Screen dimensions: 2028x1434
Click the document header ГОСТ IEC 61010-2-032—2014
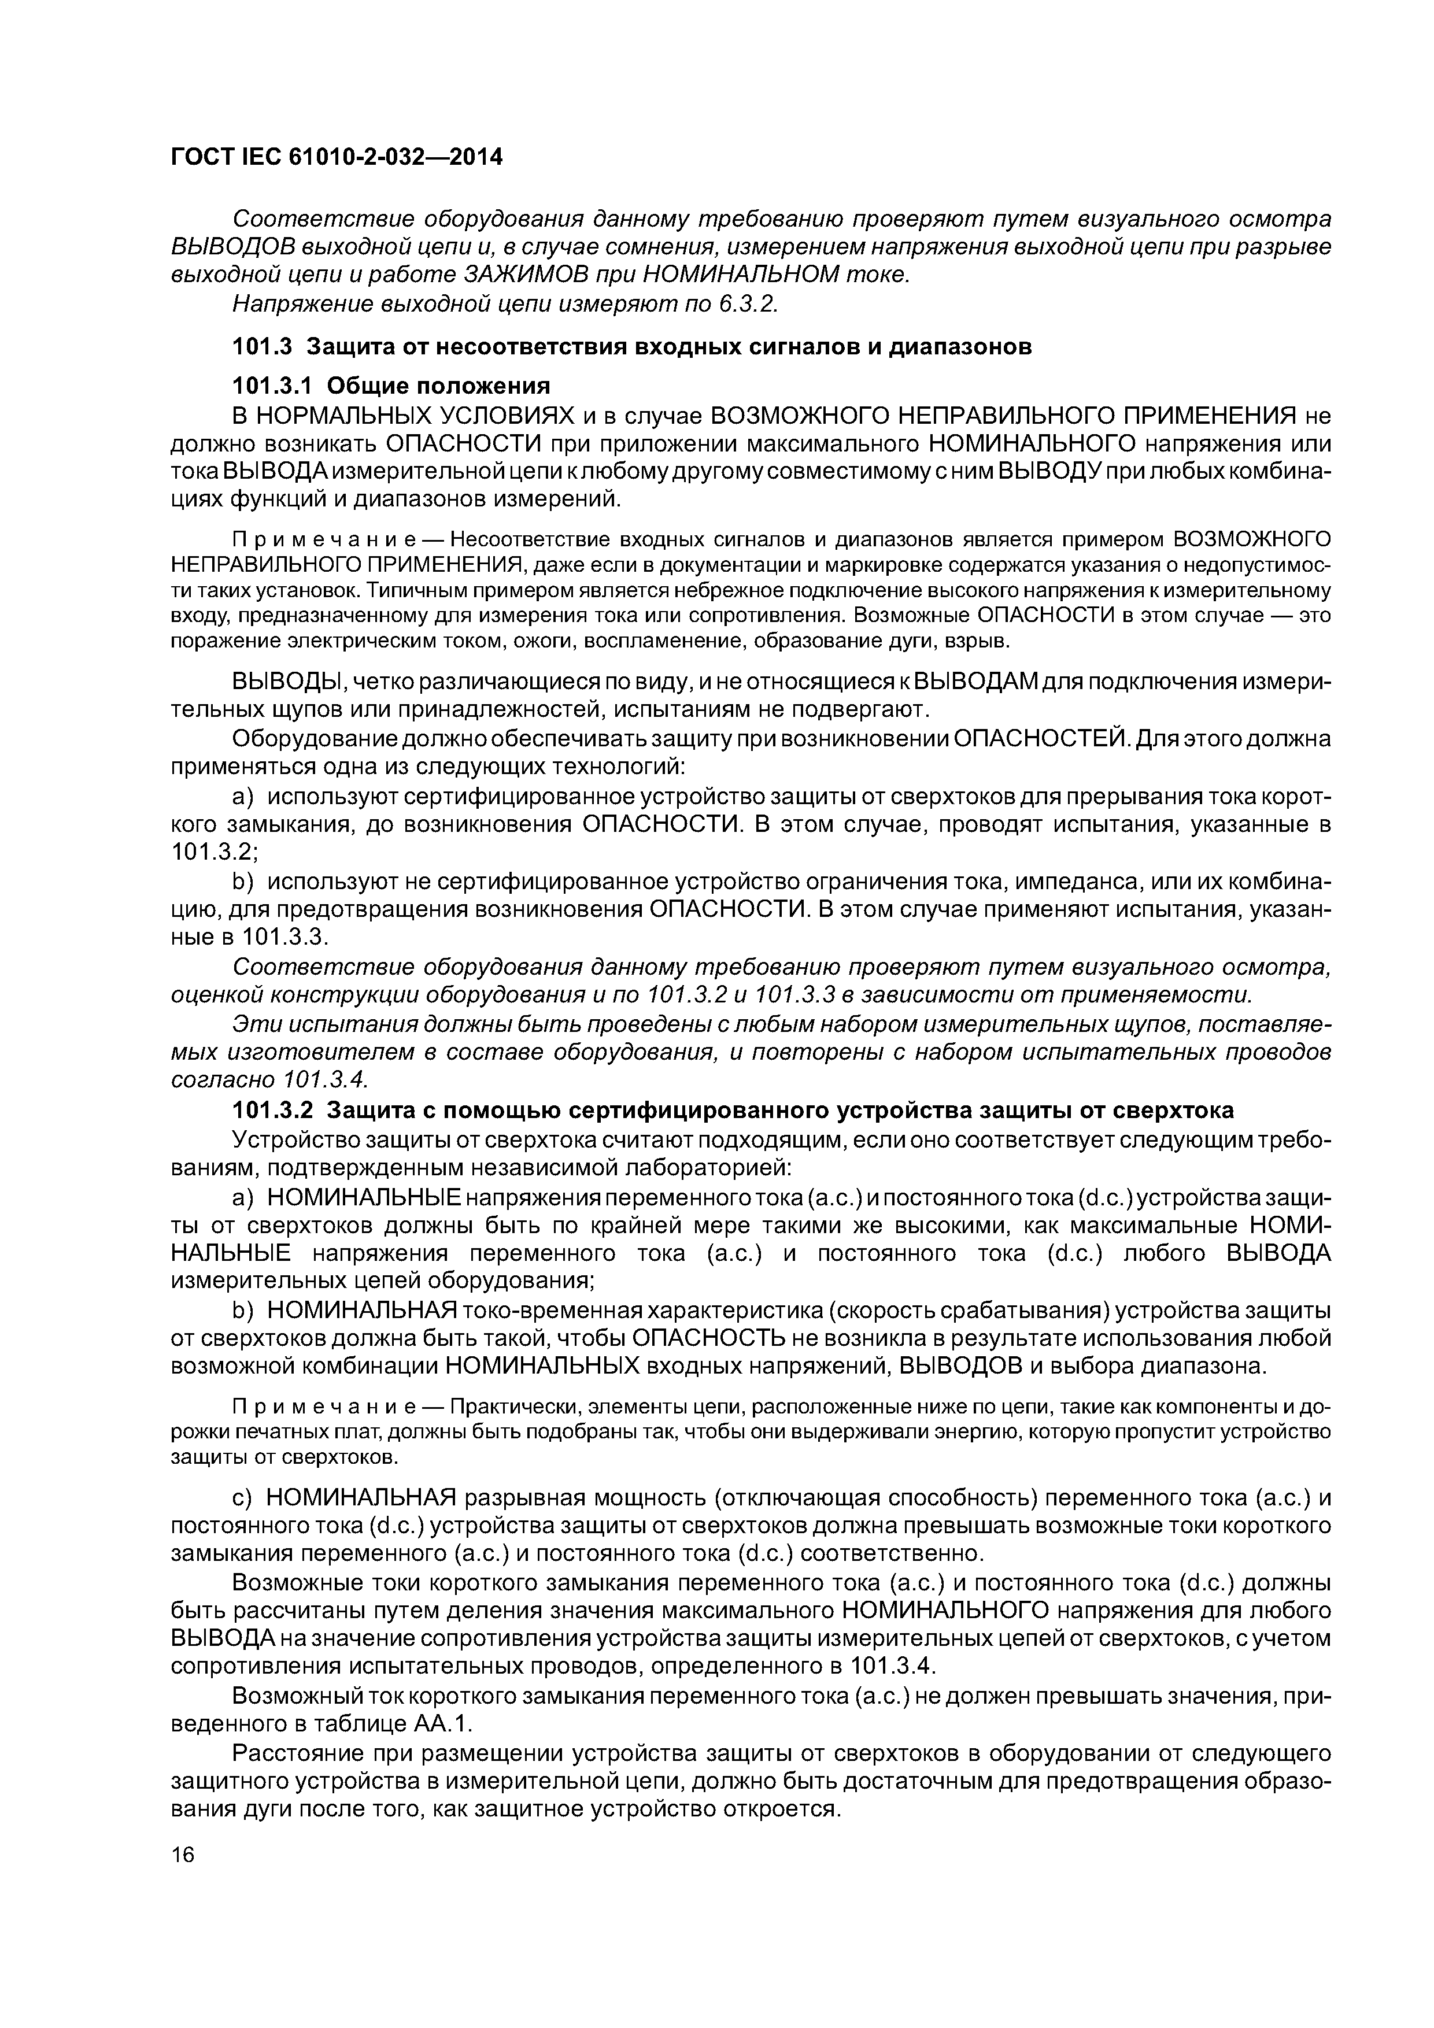point(336,157)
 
